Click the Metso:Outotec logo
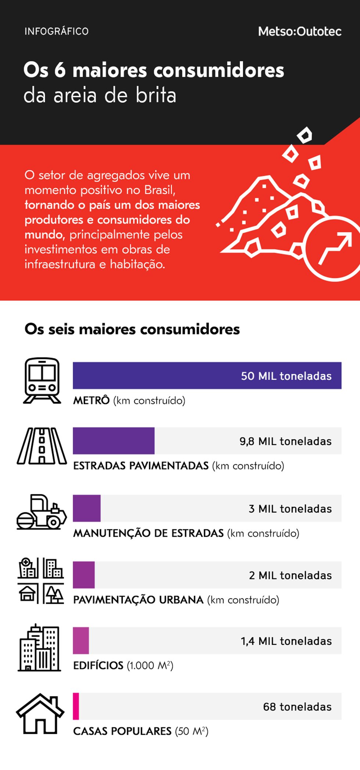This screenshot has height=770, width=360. point(300,32)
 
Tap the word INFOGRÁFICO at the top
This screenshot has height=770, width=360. point(57,32)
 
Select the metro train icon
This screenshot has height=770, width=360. point(42,381)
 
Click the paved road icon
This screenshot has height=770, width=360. point(42,446)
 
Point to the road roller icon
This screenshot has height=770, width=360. point(42,512)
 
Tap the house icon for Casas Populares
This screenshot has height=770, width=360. point(40,713)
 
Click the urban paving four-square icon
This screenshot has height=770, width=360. point(41,580)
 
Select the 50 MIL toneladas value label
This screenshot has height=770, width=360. point(286,376)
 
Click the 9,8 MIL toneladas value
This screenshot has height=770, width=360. point(285,441)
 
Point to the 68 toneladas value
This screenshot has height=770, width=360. point(297,707)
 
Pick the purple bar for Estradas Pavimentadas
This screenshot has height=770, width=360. point(114,440)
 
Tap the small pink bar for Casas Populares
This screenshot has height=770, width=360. point(76,706)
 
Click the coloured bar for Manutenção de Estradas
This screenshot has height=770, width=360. point(87,508)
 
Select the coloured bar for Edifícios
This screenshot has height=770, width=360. point(81,640)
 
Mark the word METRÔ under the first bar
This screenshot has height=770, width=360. point(91,400)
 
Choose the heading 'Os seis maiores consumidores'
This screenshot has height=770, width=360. point(132,329)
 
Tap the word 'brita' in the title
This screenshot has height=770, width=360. point(156,96)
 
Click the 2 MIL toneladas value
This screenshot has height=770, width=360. point(290,575)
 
